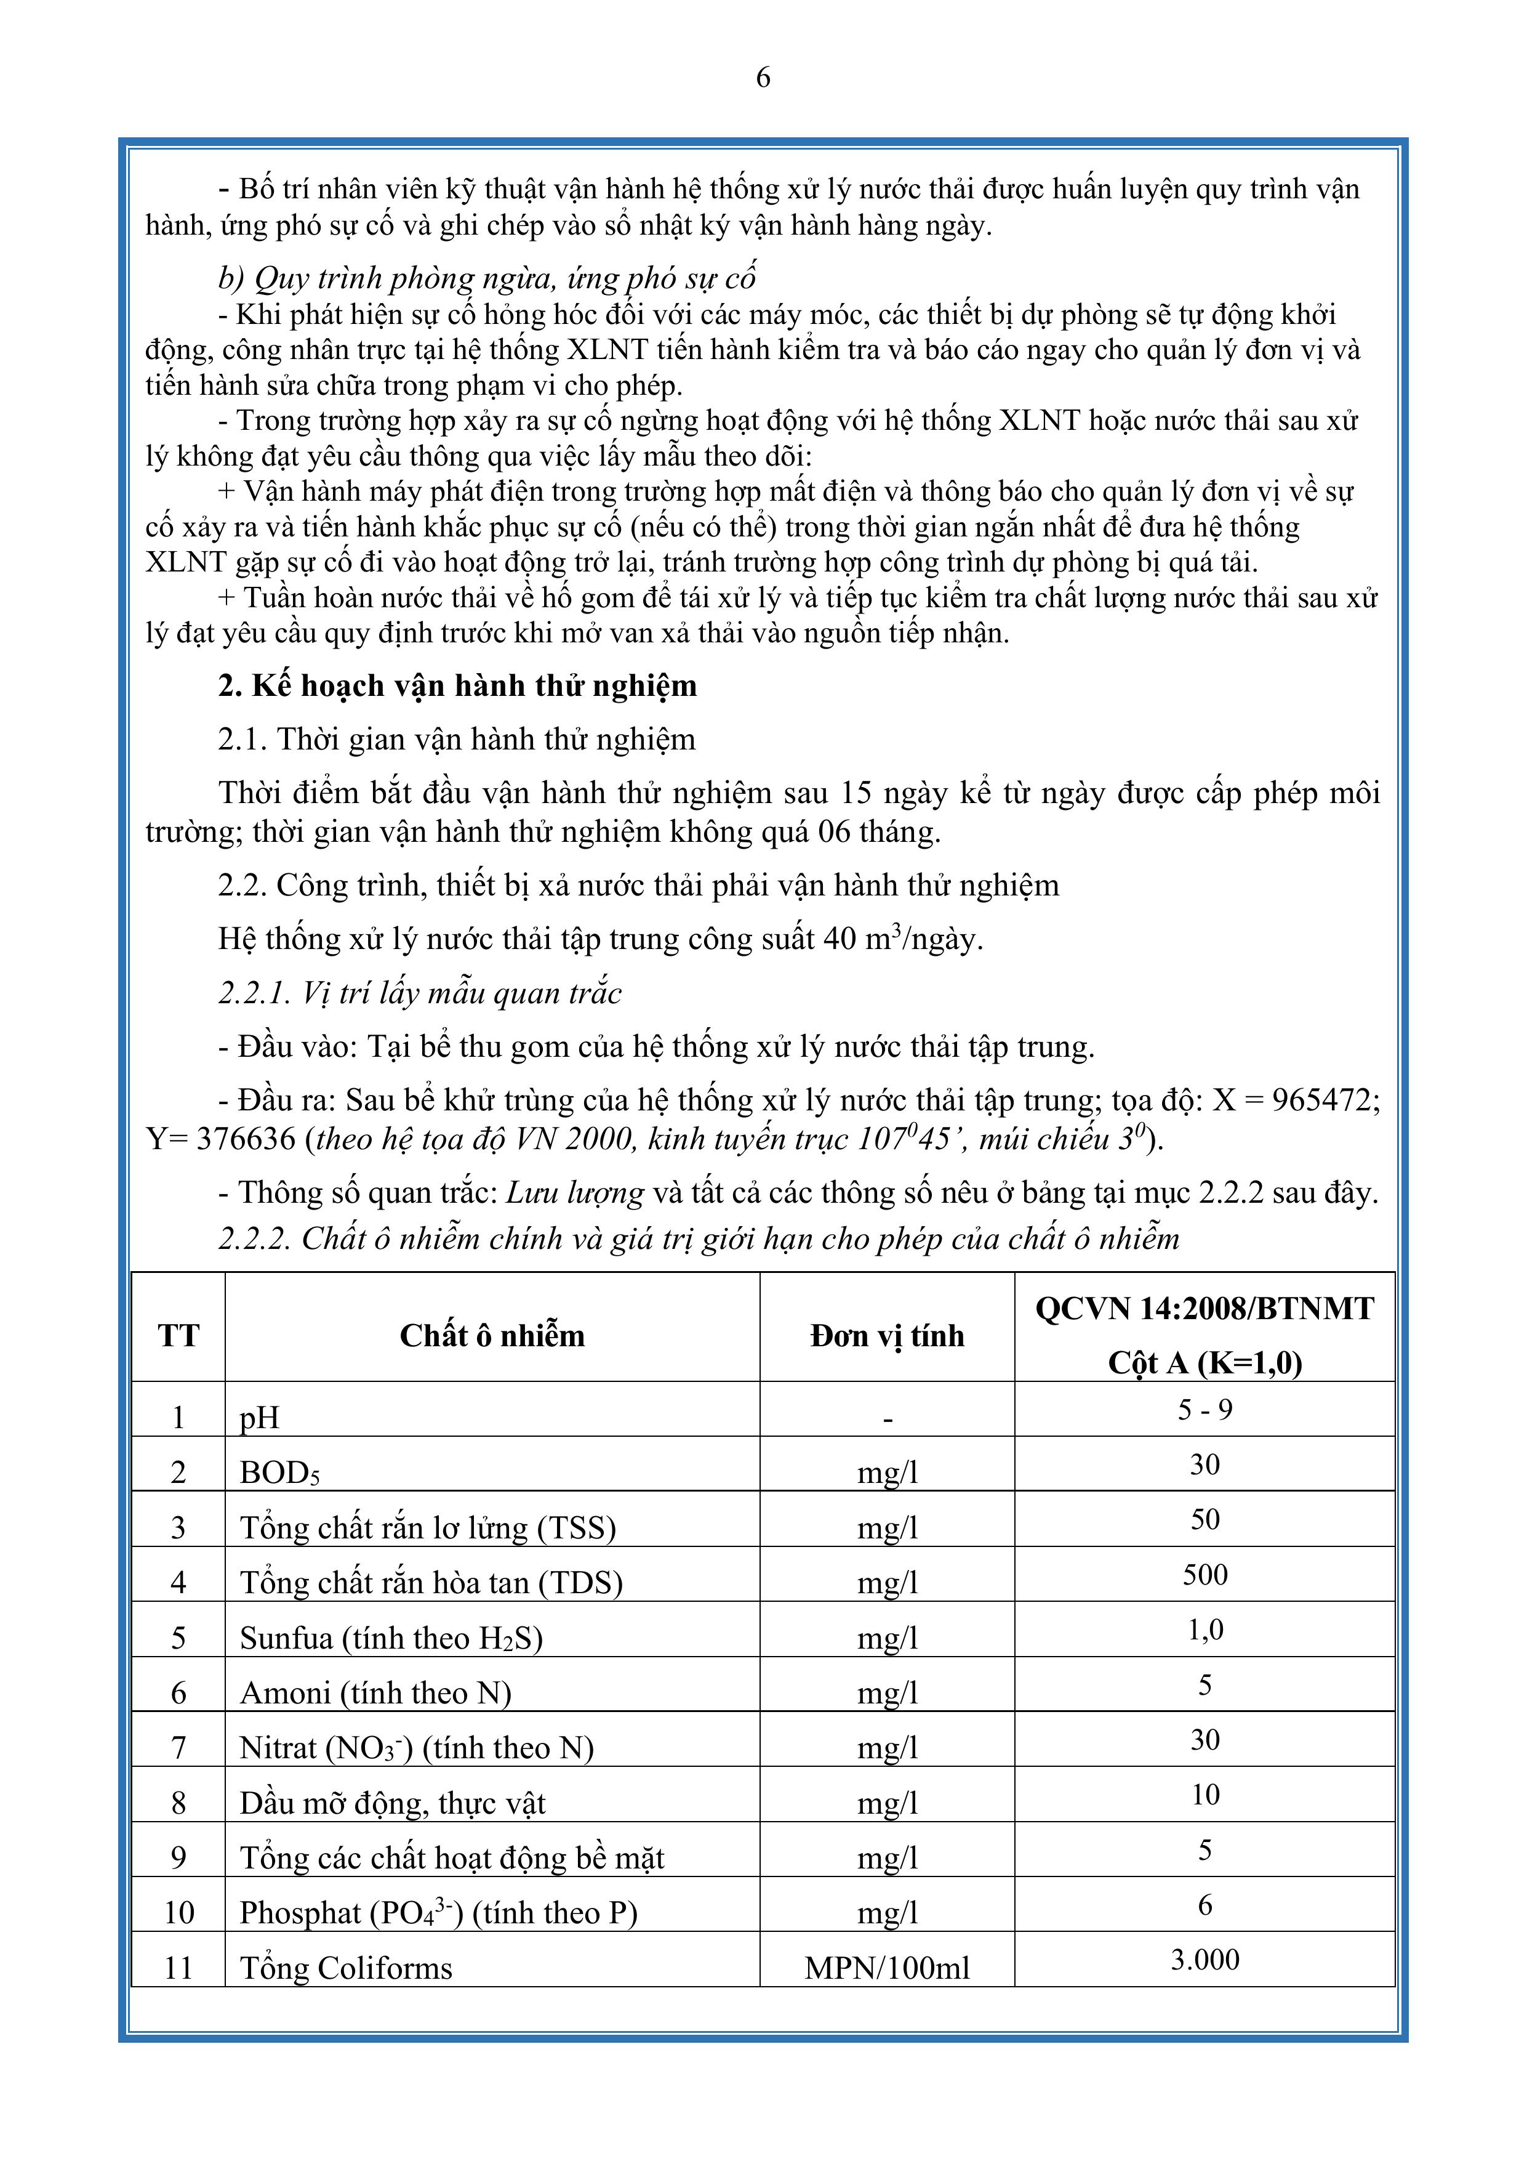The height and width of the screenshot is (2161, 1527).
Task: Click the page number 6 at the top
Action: coord(763,77)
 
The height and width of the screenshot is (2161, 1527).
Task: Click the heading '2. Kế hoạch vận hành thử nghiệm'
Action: coord(457,686)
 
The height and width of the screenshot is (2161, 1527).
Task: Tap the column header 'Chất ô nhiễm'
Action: coord(492,1336)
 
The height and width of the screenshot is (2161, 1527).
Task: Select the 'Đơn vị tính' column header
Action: coord(888,1336)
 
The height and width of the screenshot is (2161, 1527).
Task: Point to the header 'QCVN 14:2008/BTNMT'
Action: coord(1204,1308)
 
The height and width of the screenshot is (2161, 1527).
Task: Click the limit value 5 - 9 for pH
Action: coord(1204,1410)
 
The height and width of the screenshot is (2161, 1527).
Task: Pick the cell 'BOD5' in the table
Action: coord(279,1472)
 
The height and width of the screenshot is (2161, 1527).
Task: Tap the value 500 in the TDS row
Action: coord(1204,1575)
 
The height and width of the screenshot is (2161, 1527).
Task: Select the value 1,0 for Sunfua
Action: coord(1204,1630)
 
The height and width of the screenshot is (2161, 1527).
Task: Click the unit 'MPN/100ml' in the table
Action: coord(888,1968)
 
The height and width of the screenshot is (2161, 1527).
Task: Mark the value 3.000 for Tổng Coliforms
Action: coord(1204,1960)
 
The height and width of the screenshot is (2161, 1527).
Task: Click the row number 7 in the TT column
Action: coord(178,1748)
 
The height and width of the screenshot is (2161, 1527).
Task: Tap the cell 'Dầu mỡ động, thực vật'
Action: coord(392,1803)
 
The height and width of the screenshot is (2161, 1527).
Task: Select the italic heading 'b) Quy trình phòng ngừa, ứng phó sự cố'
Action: coord(487,278)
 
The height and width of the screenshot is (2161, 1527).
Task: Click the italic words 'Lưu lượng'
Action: coord(575,1194)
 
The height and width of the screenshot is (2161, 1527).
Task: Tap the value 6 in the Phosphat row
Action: coord(1204,1905)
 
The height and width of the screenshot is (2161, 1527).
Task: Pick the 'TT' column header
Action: coord(178,1336)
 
